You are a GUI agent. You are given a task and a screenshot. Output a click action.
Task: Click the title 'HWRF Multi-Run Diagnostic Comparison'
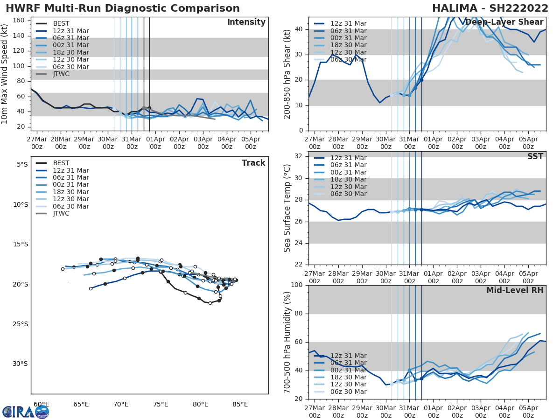pos(123,8)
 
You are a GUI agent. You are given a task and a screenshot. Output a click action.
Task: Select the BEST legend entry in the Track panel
pos(61,163)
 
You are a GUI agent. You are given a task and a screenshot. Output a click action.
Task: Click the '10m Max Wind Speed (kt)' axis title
pos(5,74)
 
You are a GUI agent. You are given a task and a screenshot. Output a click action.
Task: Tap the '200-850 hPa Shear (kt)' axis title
pos(287,74)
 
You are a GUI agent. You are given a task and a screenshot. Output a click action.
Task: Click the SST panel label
pos(535,157)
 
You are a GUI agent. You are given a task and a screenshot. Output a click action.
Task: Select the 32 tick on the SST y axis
pos(299,156)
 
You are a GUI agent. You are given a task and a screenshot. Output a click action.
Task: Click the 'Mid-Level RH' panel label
pos(515,290)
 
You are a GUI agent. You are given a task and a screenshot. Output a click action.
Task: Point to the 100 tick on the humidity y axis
pos(297,285)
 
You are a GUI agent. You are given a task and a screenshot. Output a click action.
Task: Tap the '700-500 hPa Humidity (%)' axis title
pos(287,342)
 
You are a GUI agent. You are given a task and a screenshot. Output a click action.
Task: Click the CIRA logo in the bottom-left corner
pos(25,412)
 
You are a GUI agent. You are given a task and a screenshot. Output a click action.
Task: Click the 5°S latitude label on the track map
pos(21,164)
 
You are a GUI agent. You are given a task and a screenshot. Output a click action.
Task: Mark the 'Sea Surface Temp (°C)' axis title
pos(287,208)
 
